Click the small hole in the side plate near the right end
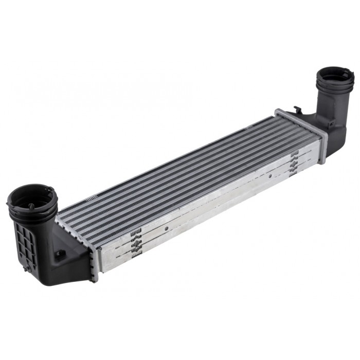point(269,175)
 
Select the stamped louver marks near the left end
point(136,241)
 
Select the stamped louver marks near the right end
point(294,164)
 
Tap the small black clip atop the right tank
point(297,109)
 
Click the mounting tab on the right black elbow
point(332,123)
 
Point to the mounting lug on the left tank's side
point(61,254)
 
